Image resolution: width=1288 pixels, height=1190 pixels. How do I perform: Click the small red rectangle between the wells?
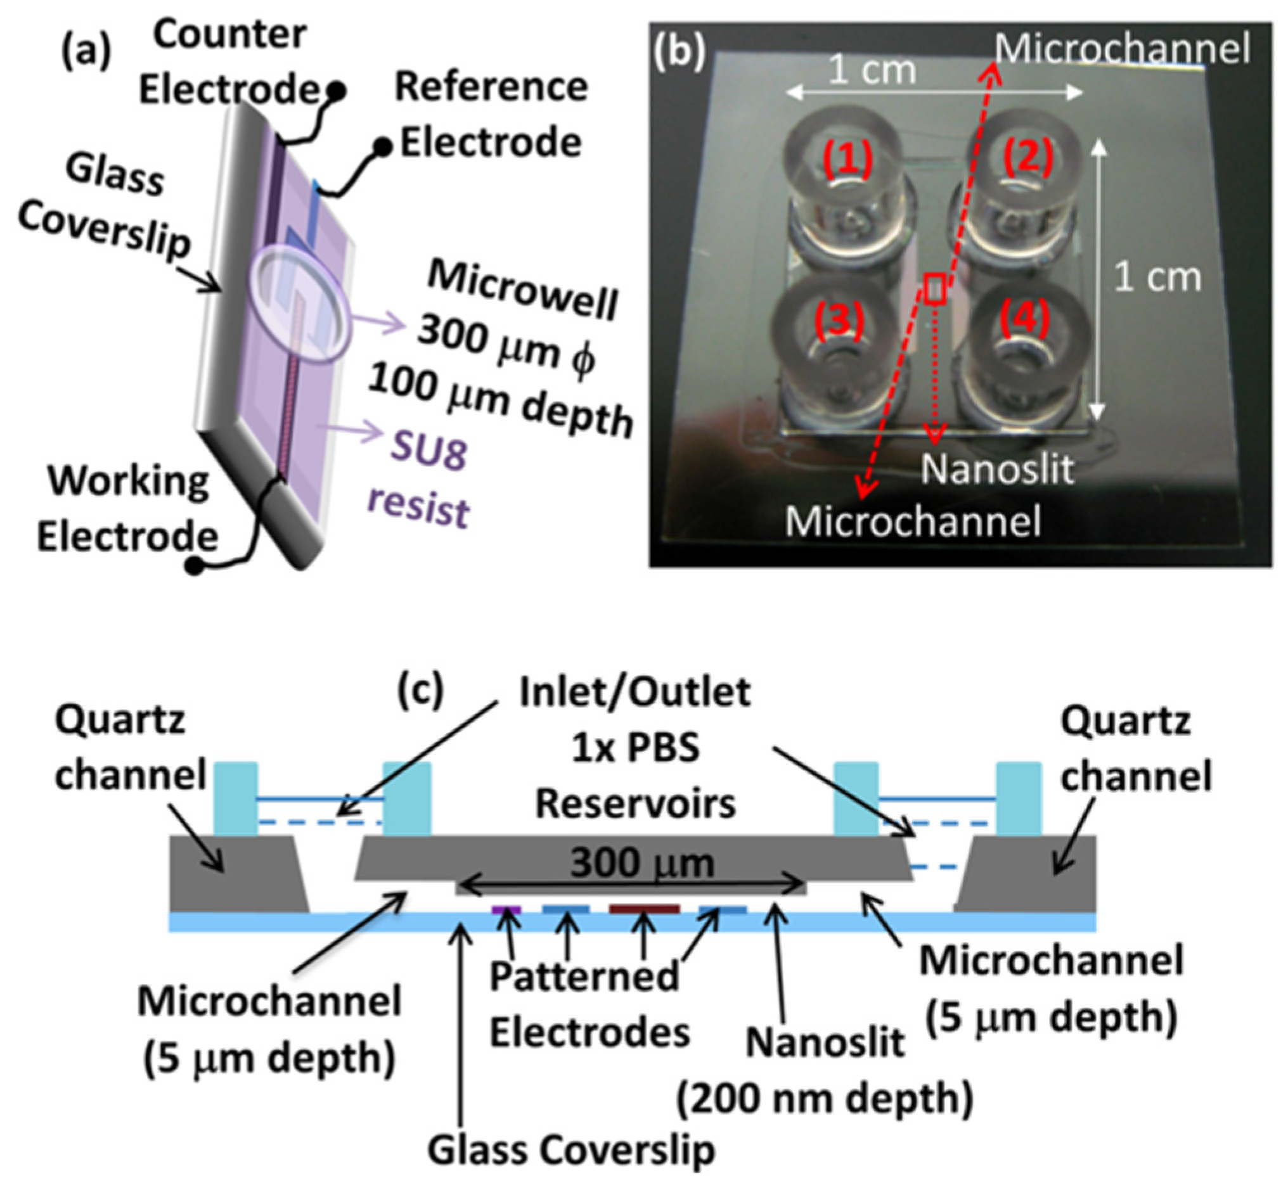point(935,288)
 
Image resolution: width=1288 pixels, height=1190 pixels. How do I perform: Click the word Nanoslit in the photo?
point(997,469)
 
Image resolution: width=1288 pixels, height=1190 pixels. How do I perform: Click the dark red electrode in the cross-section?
point(644,909)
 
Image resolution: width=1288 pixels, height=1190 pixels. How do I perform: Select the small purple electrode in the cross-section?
point(506,909)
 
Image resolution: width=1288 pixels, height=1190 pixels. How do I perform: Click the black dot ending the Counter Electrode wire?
point(336,92)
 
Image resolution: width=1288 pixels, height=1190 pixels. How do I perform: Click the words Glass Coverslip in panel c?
point(571,1150)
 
